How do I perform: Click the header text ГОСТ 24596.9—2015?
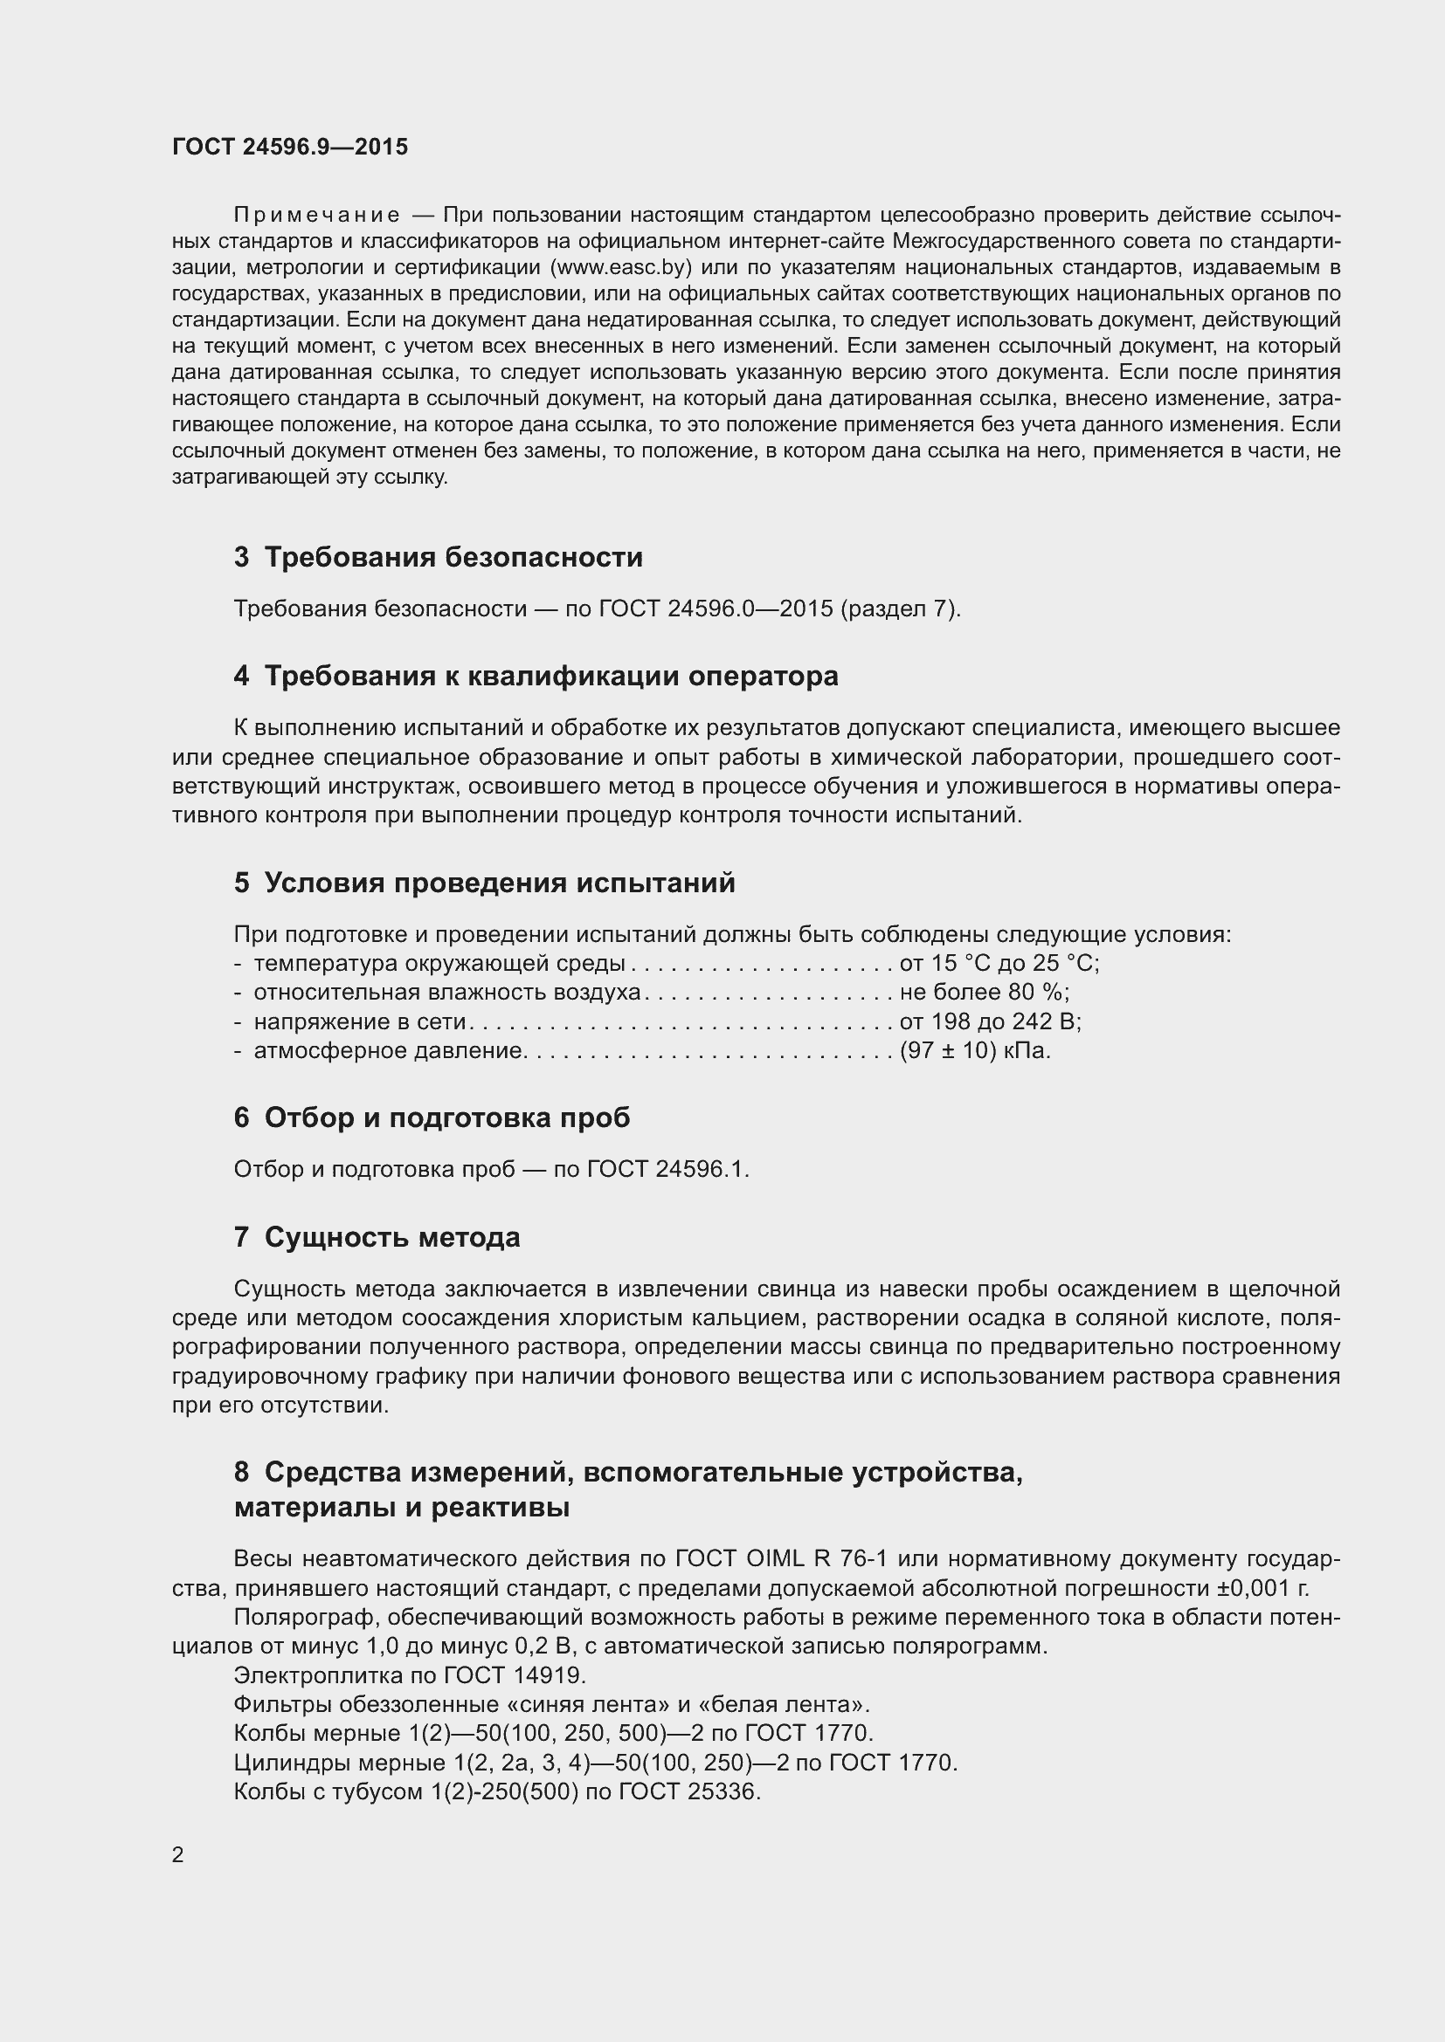[290, 147]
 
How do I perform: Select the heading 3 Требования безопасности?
[438, 558]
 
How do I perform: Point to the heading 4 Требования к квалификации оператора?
[536, 677]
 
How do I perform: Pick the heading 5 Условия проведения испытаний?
[484, 883]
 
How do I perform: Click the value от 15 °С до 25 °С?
[999, 964]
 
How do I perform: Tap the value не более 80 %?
[984, 993]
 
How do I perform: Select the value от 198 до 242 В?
[991, 1022]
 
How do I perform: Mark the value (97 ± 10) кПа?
[975, 1051]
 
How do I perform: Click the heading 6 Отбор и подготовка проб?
[432, 1118]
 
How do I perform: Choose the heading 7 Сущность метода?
[377, 1237]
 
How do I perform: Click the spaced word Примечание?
[316, 216]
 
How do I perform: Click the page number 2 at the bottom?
[177, 1855]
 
